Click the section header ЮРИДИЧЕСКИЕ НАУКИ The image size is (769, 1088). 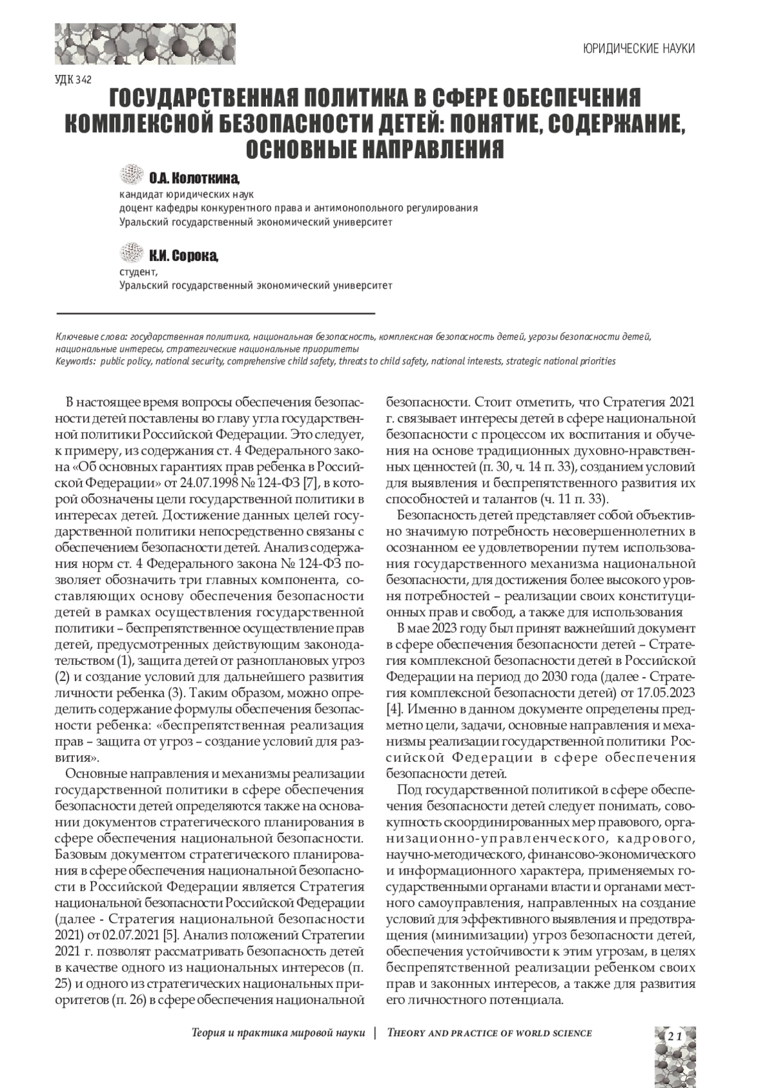(639, 49)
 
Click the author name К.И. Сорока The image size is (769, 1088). (184, 256)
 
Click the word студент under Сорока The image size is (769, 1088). (137, 272)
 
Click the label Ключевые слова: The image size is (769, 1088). (92, 336)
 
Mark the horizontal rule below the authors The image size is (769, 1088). (215, 313)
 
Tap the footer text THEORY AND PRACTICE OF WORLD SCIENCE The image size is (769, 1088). (490, 1033)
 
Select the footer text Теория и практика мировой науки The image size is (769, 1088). (278, 1033)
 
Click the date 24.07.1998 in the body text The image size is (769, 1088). (209, 481)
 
